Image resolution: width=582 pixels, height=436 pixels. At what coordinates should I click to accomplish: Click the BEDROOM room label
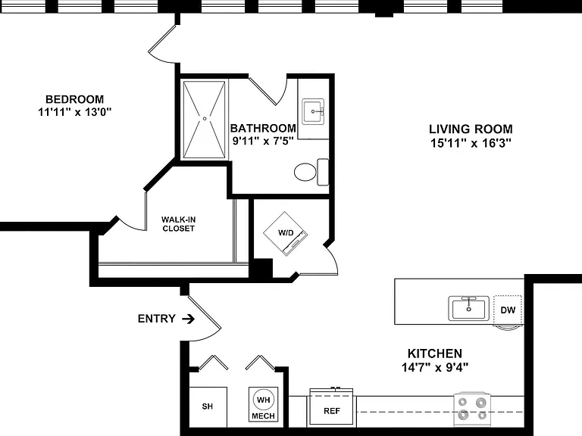coord(74,99)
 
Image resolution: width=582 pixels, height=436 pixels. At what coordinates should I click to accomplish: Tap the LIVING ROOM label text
coord(471,129)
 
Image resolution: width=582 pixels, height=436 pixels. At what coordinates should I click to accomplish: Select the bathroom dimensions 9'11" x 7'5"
coord(263,141)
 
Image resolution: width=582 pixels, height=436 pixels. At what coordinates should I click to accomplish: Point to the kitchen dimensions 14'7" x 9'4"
coord(435,367)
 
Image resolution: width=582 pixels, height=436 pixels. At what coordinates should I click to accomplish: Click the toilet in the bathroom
coord(311,172)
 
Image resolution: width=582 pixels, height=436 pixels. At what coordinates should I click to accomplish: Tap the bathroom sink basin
coord(313,111)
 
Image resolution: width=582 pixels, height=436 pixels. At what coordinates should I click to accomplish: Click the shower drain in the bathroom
coord(205,119)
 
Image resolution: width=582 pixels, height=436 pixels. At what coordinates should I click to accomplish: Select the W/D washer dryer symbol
coord(286,233)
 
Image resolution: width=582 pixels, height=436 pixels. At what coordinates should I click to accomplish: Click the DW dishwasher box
coord(508,310)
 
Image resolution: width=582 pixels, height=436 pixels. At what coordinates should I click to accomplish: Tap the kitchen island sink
coord(469,309)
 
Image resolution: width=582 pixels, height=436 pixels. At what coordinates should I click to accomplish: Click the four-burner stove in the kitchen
coord(472,408)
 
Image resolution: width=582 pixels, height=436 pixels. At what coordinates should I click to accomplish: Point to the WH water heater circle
coord(263,400)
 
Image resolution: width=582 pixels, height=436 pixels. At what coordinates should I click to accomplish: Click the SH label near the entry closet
coord(208,406)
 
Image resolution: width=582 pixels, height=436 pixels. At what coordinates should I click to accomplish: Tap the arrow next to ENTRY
coord(188,319)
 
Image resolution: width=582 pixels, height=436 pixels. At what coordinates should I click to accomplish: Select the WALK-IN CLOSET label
coord(179,224)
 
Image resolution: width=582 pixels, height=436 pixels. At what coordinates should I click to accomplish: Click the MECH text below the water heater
coord(263,416)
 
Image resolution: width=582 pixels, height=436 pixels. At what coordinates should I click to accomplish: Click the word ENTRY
coord(156,319)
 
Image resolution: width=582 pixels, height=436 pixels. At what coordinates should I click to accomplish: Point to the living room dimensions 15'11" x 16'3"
coord(471,143)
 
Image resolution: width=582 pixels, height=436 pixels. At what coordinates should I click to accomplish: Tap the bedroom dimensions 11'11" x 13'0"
coord(74,111)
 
